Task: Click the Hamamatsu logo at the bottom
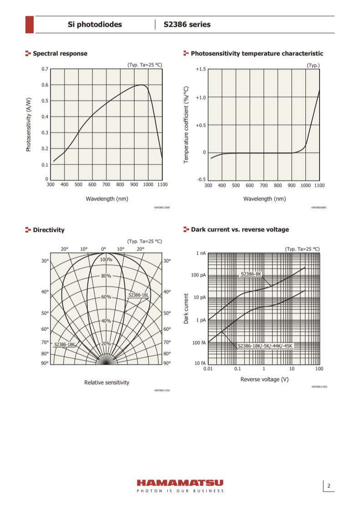pos(180,483)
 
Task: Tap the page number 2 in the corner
pos(329,486)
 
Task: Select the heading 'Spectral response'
pos(60,54)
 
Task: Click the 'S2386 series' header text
pos(187,25)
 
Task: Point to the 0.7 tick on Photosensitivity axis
pos(45,69)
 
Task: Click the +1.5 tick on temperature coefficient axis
pos(200,69)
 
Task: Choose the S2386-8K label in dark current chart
pos(251,274)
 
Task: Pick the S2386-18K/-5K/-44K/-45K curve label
pos(265,346)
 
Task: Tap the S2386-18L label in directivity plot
pos(139,295)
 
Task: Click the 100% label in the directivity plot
pos(106,259)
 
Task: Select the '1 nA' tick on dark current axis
pos(201,253)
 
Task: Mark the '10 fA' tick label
pos(200,363)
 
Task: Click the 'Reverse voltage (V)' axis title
pos(265,379)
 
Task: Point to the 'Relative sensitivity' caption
pos(107,382)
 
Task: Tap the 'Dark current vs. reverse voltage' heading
pos(240,230)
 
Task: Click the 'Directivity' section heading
pos(49,230)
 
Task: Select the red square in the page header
pos(29,25)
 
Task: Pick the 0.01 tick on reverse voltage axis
pos(208,369)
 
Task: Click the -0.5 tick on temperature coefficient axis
pos(201,180)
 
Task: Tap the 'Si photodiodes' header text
pos(95,25)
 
